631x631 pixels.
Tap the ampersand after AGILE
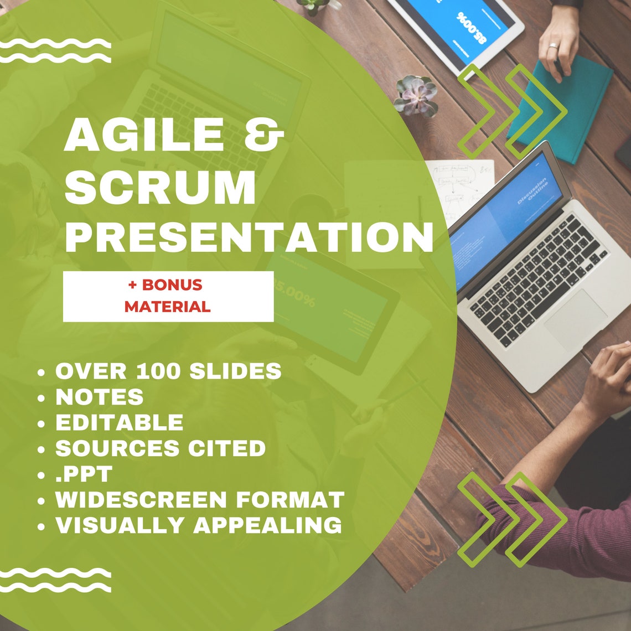[x=262, y=136]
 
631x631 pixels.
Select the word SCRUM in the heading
[x=161, y=188]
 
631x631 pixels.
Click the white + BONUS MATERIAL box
[x=168, y=296]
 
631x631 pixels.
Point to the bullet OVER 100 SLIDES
[x=168, y=371]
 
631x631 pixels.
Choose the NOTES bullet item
[x=100, y=397]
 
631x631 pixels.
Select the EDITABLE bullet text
[x=119, y=422]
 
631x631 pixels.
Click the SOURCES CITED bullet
[x=161, y=448]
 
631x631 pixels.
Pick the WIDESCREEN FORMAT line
[x=199, y=500]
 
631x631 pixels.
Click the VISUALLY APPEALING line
[x=198, y=525]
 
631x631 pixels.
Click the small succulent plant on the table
[x=415, y=95]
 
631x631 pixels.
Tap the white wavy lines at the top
[x=55, y=51]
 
